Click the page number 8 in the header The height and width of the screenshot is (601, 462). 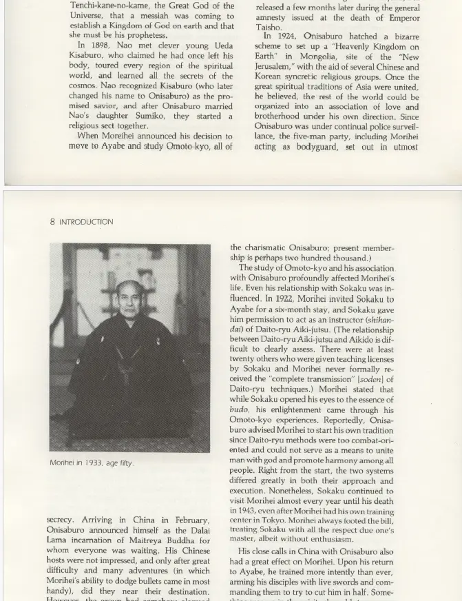[x=52, y=222]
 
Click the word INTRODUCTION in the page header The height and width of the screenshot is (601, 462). [x=86, y=222]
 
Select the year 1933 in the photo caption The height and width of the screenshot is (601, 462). [x=93, y=463]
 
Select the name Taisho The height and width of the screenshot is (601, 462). [x=269, y=28]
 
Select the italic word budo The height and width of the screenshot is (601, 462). [x=239, y=409]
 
